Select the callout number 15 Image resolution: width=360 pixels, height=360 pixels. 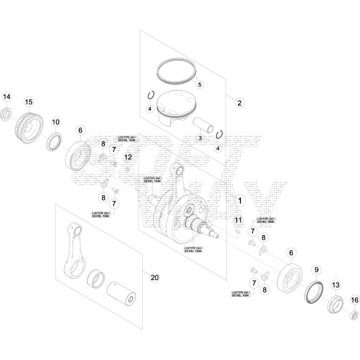pos(28,101)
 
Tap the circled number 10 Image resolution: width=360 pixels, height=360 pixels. pos(55,122)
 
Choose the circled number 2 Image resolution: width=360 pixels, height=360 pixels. pos(240,103)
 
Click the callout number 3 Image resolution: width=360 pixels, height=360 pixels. pos(200,139)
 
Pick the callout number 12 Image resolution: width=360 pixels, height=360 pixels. pos(128,157)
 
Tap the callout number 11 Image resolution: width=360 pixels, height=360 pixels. pos(239,220)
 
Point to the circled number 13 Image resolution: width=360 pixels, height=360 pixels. pos(335,285)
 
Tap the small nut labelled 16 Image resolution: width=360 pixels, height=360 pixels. pos(353,316)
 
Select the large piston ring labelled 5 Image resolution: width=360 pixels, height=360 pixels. pos(176,71)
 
